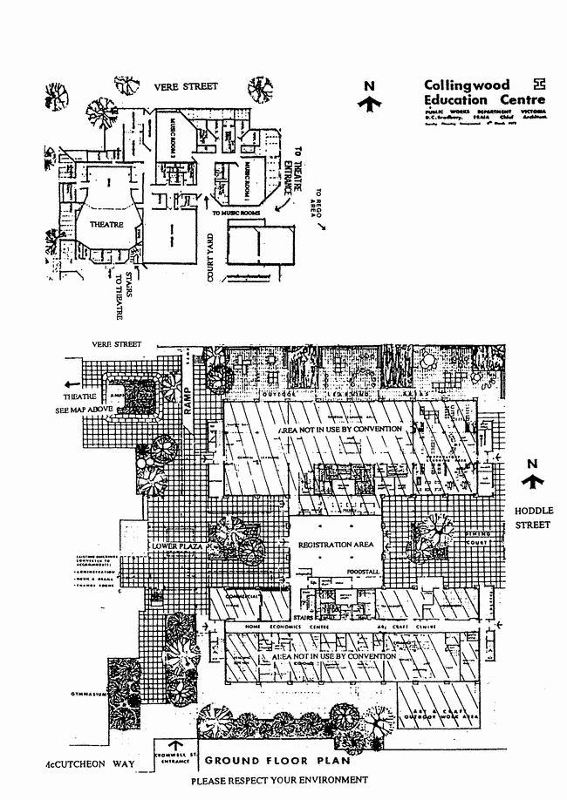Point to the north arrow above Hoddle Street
tap(534, 476)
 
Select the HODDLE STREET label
tap(531, 519)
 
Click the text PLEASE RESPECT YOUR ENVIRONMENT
tap(280, 780)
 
